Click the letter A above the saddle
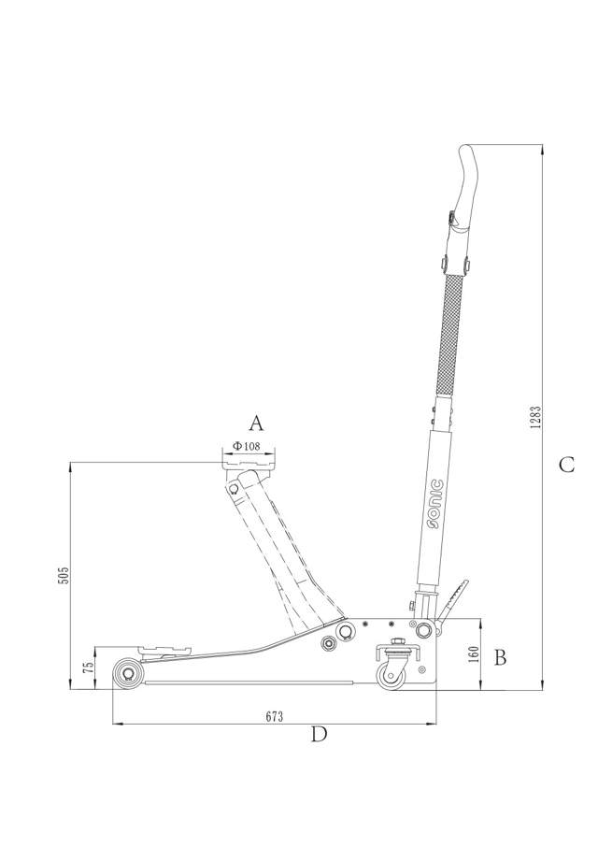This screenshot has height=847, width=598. (254, 422)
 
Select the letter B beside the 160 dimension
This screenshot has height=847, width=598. (500, 658)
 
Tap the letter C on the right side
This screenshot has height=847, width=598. (566, 465)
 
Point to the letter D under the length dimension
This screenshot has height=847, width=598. (319, 735)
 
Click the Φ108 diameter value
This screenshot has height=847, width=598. (247, 447)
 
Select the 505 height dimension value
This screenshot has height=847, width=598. (64, 574)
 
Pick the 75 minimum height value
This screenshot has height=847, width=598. (88, 668)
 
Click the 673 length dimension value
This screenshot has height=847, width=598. (274, 716)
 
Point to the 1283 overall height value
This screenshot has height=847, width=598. (534, 417)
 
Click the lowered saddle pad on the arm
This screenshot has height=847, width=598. (163, 647)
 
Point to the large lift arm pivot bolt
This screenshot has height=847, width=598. (346, 633)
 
